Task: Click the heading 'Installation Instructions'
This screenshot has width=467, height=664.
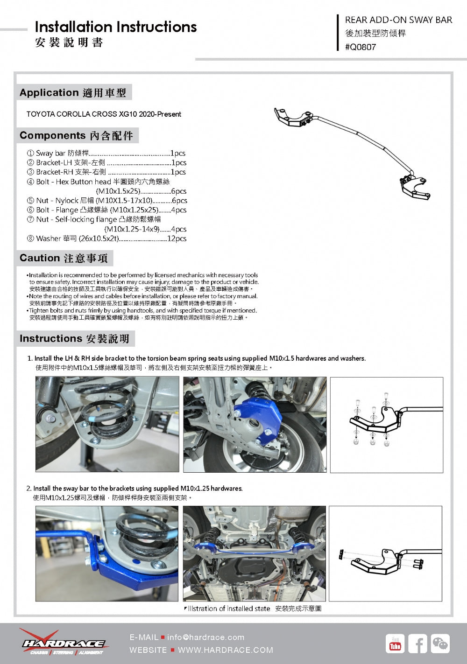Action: pos(116,27)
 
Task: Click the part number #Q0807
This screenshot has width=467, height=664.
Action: pos(360,47)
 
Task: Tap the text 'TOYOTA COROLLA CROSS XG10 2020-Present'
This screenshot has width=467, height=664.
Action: pos(104,114)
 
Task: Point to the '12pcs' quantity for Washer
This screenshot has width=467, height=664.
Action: pos(177,238)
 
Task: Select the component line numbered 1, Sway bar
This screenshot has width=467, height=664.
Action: pos(106,153)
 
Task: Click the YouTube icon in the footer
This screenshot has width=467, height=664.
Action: pos(396,644)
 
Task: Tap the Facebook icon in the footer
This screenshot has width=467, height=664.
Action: pos(417,644)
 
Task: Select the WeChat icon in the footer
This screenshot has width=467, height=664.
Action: pos(440,644)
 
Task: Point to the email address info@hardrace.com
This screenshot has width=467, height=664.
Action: pos(205,637)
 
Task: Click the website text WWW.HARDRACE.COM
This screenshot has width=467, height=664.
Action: pos(225,650)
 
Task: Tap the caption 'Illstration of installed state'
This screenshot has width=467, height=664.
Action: pos(229,608)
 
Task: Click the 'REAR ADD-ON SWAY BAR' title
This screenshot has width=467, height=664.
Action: pos(398,20)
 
